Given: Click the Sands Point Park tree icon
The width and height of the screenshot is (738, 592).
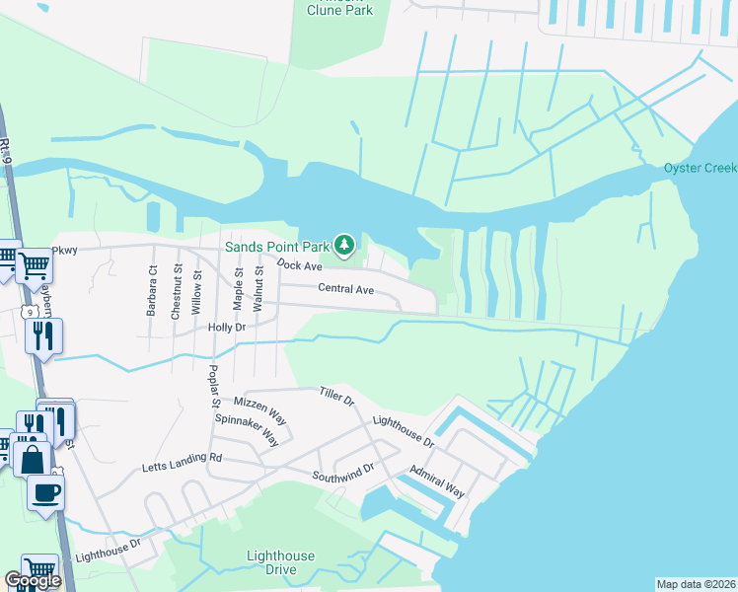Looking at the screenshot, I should coord(344,243).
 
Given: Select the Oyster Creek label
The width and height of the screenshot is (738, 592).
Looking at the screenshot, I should coord(701,168).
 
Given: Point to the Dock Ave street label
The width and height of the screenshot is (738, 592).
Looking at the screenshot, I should coord(300,265).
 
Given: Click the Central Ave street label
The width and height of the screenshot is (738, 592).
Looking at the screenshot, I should coord(345,289).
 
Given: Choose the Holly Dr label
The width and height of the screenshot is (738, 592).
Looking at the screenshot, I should coord(226,327).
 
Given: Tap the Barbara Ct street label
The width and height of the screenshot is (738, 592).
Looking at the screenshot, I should coord(152,288).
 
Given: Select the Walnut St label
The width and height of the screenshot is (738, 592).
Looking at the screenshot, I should coord(258,289).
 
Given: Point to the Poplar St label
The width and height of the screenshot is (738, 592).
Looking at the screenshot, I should coord(213,386).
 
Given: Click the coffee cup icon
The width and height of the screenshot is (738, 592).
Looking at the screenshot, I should coord(46,490).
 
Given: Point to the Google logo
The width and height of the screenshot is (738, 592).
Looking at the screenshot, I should coord(33,581).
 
